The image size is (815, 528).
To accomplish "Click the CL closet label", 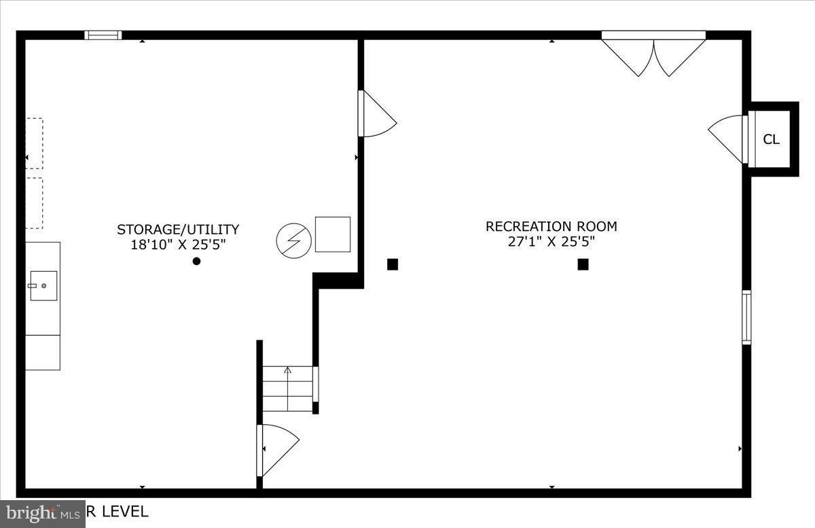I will tap(771, 139).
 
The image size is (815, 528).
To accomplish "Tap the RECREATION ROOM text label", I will tap(551, 226).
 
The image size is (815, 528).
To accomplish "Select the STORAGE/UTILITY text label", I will tap(177, 230).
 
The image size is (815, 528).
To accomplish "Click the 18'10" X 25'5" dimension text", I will tap(177, 245).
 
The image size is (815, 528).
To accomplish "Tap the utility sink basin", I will tap(43, 285).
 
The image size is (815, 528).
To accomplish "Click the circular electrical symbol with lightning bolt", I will tap(293, 240).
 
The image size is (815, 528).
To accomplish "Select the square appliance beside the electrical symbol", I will tap(333, 234).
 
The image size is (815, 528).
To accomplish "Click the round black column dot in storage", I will tap(196, 261).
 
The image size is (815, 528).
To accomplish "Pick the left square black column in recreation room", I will tap(392, 264).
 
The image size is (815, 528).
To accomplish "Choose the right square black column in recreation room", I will tap(583, 264).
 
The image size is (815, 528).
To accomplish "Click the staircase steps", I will tap(288, 389).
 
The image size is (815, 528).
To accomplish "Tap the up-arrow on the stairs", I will tap(288, 370).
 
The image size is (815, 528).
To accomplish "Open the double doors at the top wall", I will tap(653, 54).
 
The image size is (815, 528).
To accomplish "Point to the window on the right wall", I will tap(746, 317).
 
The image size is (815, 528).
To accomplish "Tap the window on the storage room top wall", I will tap(103, 35).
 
